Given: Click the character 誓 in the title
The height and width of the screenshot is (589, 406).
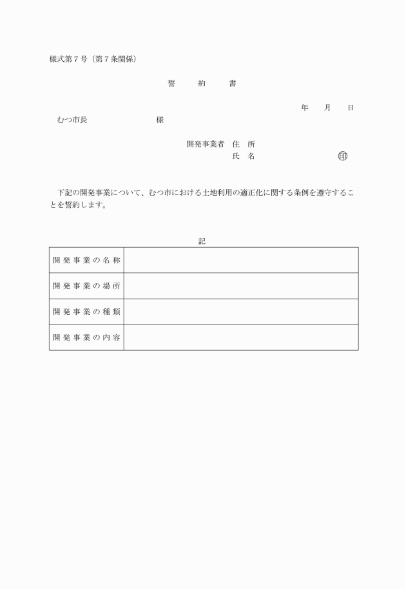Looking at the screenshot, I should (171, 84).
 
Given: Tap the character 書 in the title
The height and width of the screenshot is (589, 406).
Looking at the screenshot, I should (232, 84).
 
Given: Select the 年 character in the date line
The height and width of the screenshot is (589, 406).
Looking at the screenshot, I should (304, 108).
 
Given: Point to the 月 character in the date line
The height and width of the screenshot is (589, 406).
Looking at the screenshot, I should (327, 108).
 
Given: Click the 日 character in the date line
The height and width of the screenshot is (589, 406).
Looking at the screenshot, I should (350, 108).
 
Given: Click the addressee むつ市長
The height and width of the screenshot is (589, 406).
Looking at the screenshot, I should (72, 120).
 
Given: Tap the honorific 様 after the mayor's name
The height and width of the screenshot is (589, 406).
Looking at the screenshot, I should (159, 120).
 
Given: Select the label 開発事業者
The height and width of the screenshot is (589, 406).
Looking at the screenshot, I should (205, 144).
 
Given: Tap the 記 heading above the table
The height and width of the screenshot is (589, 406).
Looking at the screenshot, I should (202, 241).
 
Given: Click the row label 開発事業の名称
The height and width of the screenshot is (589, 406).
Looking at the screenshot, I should (86, 260).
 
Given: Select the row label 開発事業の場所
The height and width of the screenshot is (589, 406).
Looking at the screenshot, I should (86, 286).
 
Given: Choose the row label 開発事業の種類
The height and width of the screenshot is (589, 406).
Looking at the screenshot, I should (86, 312).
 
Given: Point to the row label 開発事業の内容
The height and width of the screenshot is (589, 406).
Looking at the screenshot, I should (86, 337).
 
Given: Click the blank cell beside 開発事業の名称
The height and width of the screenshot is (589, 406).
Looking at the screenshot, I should (241, 260).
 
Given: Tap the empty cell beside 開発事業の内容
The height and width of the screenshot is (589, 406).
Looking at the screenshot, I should (241, 337).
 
